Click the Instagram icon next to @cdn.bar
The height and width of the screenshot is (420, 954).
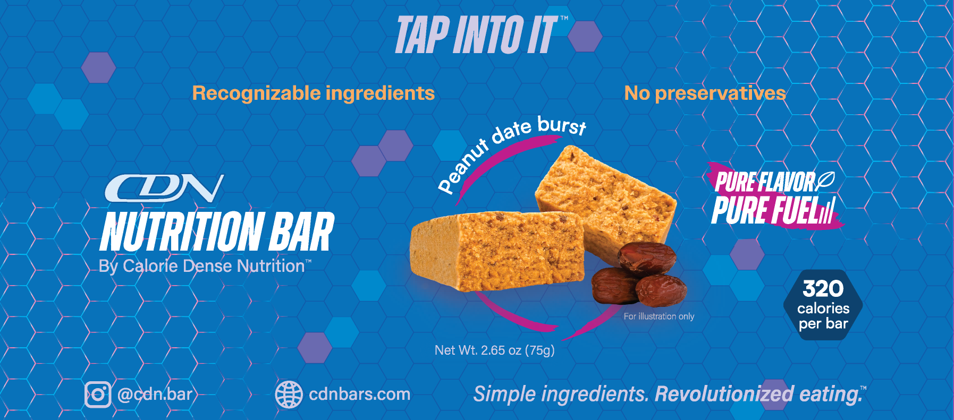(98, 395)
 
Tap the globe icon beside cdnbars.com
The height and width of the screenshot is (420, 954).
(289, 395)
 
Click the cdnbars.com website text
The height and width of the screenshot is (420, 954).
(359, 394)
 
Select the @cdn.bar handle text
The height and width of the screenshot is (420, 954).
(155, 394)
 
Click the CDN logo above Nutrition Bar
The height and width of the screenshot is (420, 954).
(164, 188)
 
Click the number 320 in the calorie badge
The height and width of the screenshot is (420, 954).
(823, 289)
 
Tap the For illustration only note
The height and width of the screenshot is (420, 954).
(658, 316)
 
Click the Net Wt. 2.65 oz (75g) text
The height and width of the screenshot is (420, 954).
(494, 350)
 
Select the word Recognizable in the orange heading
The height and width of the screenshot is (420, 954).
(256, 93)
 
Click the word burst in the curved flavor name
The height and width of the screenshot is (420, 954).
(562, 125)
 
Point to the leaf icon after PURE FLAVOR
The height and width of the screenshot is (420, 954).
(825, 181)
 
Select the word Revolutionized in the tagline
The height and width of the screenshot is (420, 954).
(724, 395)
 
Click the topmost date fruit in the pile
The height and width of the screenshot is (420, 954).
(647, 258)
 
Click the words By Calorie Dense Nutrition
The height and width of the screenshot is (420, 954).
(202, 266)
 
